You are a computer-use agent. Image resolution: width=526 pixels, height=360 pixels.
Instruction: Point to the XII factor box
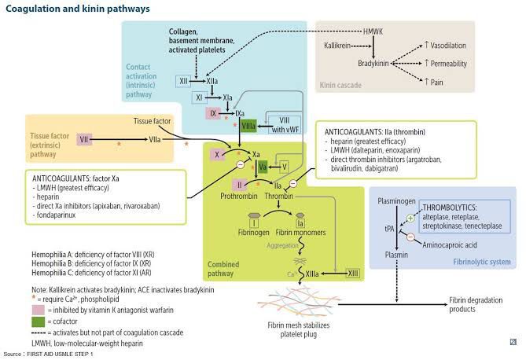tap(183, 81)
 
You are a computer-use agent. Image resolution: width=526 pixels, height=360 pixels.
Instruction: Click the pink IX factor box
tap(213, 113)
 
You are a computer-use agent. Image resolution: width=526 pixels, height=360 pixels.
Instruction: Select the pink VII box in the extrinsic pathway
tap(84, 138)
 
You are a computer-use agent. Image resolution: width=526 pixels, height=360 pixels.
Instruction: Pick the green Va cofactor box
tap(263, 166)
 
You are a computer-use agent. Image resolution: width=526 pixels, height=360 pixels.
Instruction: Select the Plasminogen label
tap(397, 201)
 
